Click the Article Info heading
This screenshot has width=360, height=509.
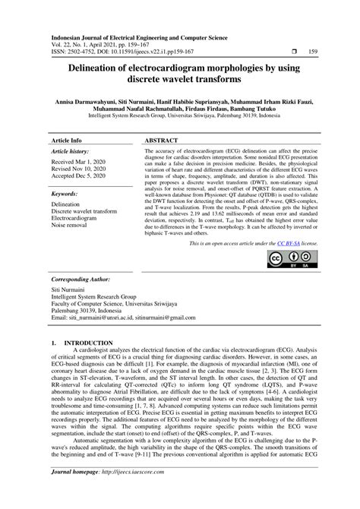[x=66, y=141]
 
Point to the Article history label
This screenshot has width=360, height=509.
[x=71, y=152]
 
